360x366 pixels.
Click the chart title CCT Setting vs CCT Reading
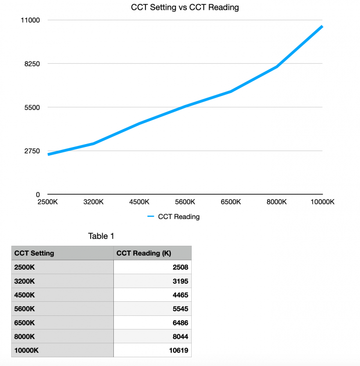click(x=184, y=7)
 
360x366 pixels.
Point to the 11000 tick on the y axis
click(x=30, y=20)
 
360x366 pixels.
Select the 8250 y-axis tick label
click(x=31, y=64)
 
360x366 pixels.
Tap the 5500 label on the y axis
click(x=31, y=107)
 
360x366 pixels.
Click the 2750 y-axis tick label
click(x=31, y=151)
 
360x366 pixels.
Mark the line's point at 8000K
click(x=277, y=67)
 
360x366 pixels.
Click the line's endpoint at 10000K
click(x=322, y=26)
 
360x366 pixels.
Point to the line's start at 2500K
click(x=48, y=154)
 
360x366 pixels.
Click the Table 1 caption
click(x=101, y=237)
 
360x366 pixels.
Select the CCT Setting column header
click(x=34, y=253)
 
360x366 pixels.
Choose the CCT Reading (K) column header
click(x=144, y=253)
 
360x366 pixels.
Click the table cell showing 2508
click(x=180, y=267)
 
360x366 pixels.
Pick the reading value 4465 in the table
click(x=180, y=294)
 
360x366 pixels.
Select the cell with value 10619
click(x=178, y=350)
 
